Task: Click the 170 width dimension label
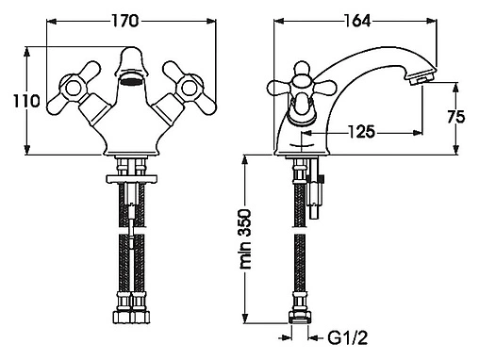point(124,21)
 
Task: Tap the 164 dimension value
point(357,21)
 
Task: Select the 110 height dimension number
point(26,101)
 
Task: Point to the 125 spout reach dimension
point(362,132)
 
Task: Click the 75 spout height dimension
point(456,117)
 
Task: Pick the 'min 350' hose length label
point(245,238)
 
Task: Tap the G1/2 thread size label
point(347,338)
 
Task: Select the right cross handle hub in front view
point(190,88)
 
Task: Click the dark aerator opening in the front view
point(131,82)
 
